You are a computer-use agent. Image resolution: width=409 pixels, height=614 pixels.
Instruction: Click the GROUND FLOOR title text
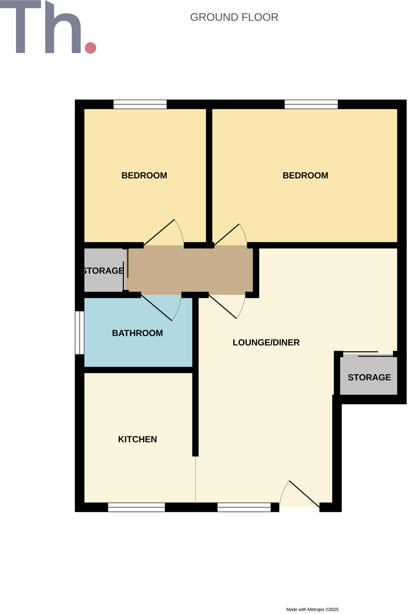coord(234,17)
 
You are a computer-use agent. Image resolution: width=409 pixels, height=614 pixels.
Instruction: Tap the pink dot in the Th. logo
coord(90,48)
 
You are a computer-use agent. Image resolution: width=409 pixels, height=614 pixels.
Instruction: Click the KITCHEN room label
coord(137,439)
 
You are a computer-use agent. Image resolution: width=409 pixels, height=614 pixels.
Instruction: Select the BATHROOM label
coord(137,333)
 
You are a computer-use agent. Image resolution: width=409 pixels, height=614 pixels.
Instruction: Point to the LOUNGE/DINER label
coord(266,342)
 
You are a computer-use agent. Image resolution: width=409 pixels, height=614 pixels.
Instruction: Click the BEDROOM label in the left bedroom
coord(144,175)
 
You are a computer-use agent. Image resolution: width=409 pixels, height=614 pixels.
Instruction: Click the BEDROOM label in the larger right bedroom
coord(305,175)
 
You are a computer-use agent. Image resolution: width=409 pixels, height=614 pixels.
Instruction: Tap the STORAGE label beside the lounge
coord(369,377)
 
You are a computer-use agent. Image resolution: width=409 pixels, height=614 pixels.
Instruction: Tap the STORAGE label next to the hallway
coord(103,271)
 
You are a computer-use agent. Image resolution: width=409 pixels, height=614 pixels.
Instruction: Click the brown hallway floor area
coord(189,270)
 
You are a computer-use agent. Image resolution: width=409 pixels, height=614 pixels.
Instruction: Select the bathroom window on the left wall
coord(80,333)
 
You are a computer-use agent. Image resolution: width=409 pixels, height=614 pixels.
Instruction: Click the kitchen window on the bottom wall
coord(136,507)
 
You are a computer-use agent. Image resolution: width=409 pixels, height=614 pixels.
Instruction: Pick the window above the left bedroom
coord(140,104)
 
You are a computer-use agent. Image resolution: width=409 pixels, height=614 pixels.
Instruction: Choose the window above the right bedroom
coord(311,104)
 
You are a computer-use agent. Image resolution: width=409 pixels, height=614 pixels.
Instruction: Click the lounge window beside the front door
coord(244,507)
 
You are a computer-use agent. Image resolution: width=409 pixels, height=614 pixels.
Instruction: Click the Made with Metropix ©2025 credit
coord(312,609)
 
